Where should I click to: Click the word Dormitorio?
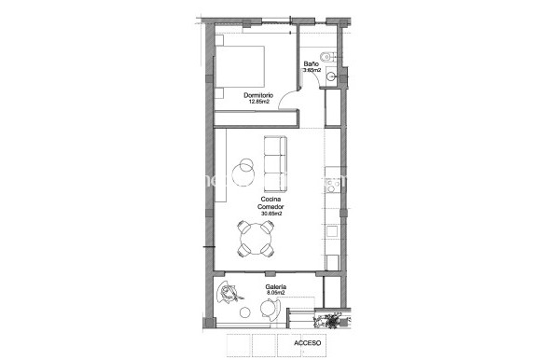[258, 95]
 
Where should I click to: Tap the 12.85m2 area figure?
[258, 102]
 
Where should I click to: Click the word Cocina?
[272, 201]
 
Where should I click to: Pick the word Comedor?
[272, 207]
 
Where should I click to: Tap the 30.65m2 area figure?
[272, 214]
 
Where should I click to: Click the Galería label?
[275, 286]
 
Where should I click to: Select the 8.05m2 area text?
[275, 293]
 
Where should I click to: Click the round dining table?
[255, 239]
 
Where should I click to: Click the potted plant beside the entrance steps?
[329, 322]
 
